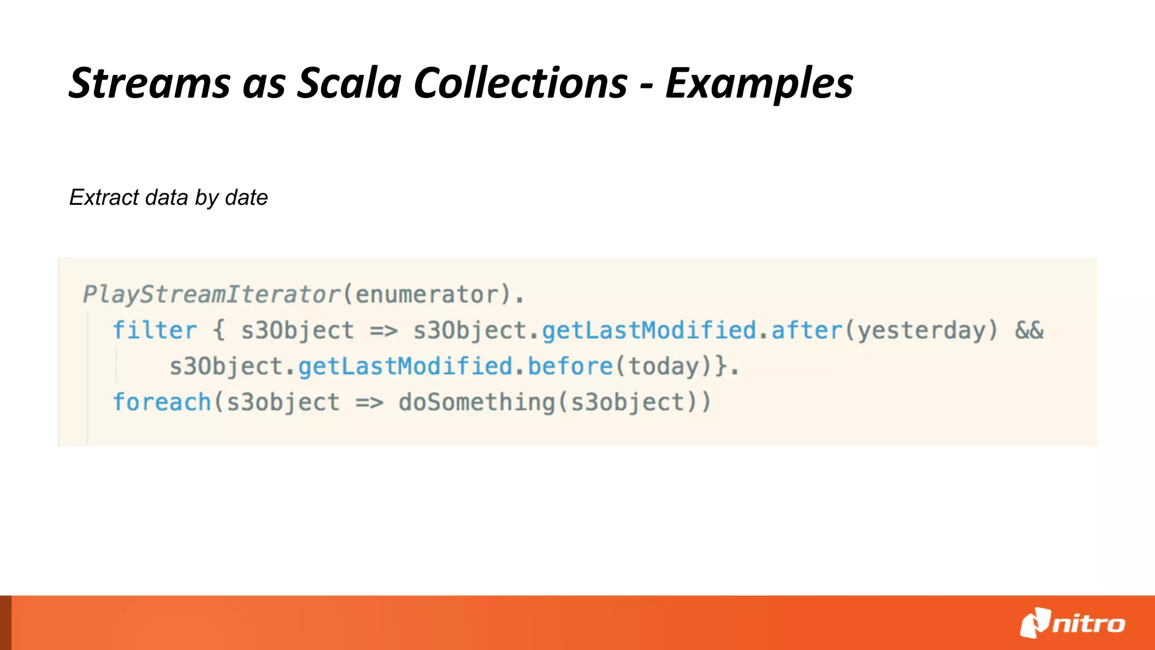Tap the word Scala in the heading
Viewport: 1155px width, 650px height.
pos(349,84)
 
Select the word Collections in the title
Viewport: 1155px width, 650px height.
pos(520,84)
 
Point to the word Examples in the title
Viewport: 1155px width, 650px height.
pos(759,84)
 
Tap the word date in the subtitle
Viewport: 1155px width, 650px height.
pos(246,197)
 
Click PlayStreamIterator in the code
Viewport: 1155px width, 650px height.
pos(212,295)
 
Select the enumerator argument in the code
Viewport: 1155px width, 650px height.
pos(427,295)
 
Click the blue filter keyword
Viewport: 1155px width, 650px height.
pos(155,331)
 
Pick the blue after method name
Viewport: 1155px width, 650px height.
pos(806,331)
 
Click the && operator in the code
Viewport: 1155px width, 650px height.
pos(1029,331)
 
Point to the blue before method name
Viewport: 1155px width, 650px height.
pos(570,367)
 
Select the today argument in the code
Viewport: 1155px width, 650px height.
pos(663,367)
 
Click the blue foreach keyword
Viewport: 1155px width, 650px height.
pos(162,403)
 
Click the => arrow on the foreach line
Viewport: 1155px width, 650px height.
pos(369,403)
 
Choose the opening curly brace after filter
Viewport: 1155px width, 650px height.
pos(219,331)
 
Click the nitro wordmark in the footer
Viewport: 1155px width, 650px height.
pos(1088,624)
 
